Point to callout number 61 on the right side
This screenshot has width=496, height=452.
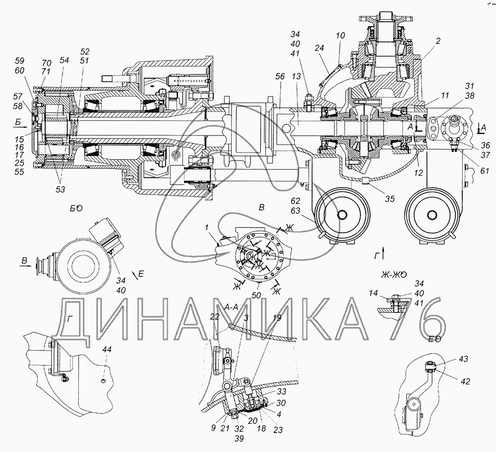coord(484,171)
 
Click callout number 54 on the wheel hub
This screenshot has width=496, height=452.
coord(64,59)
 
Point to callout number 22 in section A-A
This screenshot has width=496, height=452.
coord(215,317)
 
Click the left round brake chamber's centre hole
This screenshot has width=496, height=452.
coord(342,214)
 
